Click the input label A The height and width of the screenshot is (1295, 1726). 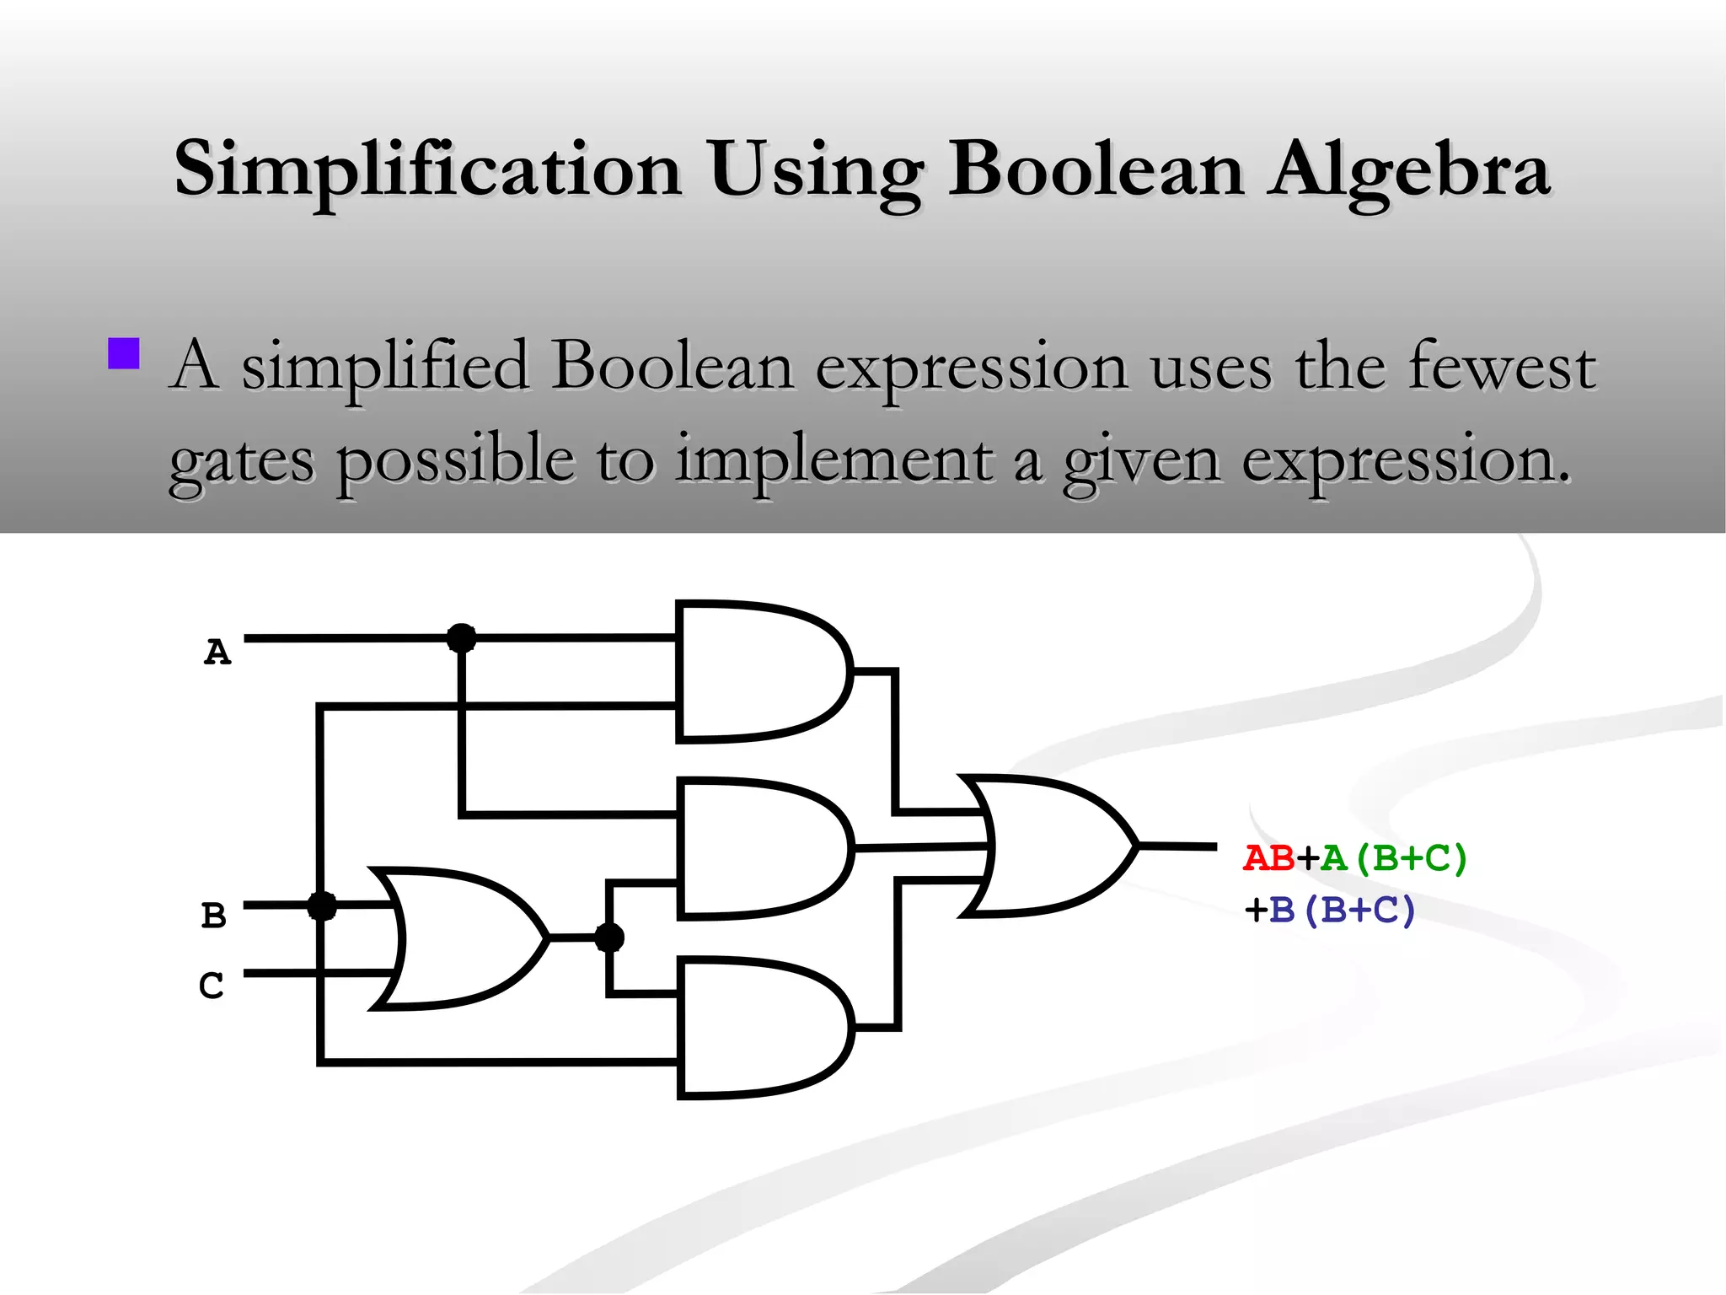[217, 652]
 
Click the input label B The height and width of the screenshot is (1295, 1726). [214, 915]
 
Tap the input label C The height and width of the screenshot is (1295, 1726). [212, 985]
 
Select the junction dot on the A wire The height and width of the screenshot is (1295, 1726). [461, 638]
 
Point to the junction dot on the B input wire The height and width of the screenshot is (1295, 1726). [321, 906]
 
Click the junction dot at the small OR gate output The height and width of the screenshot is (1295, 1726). [609, 937]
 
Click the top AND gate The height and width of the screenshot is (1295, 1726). [758, 672]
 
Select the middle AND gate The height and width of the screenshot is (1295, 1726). [758, 847]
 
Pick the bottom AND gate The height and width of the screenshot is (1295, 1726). [758, 1028]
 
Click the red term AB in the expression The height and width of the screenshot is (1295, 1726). [1269, 858]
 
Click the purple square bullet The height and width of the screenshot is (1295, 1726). [124, 354]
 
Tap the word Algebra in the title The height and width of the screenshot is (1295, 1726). [1411, 169]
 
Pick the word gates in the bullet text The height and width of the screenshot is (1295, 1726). [242, 461]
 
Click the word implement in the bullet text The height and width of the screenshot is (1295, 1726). [834, 461]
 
